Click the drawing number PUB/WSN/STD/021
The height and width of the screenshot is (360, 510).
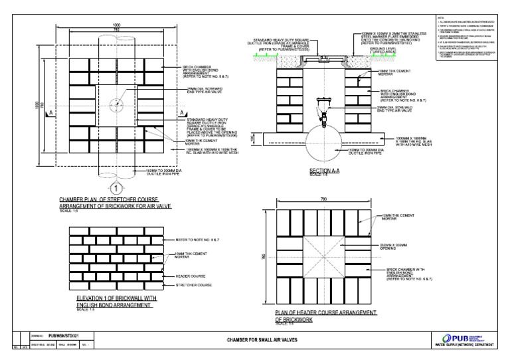pyautogui.click(x=64, y=337)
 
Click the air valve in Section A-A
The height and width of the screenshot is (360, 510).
pyautogui.click(x=324, y=114)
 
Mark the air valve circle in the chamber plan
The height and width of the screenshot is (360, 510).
pyautogui.click(x=117, y=106)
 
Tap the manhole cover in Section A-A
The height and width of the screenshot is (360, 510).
pyautogui.click(x=325, y=60)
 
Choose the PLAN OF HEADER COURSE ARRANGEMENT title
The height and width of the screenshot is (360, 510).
pyautogui.click(x=325, y=315)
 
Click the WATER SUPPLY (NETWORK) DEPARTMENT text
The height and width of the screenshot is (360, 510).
pyautogui.click(x=464, y=347)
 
